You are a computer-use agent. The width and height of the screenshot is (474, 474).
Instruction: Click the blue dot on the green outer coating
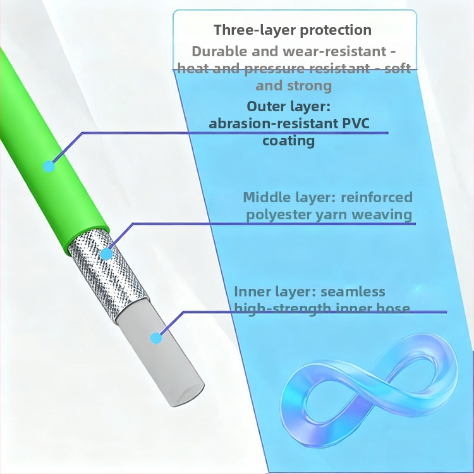tap(49, 167)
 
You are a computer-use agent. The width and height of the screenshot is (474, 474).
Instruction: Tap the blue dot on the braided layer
tap(106, 254)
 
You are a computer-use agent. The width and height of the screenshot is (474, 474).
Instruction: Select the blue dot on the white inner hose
tap(156, 337)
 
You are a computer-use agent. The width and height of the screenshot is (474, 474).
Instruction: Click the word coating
tap(289, 140)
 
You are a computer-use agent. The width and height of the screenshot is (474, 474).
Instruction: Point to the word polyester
tap(276, 214)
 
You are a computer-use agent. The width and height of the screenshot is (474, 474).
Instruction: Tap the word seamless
tap(353, 291)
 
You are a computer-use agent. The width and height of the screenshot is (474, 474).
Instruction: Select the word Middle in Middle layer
tap(265, 197)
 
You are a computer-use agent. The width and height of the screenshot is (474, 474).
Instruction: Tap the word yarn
tap(332, 215)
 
